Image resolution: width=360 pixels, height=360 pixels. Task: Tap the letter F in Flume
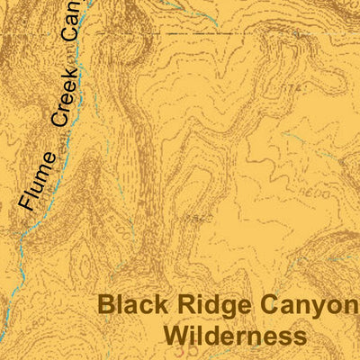coord(29,206)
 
